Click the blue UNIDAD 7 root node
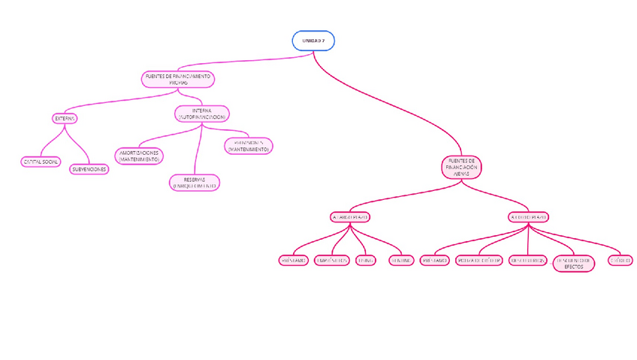[312, 41]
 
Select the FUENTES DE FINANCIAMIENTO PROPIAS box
[178, 79]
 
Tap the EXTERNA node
[65, 118]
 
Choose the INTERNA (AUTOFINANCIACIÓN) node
[201, 114]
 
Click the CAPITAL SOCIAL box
[41, 162]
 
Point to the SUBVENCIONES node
[89, 169]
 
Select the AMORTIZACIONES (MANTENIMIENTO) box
[139, 156]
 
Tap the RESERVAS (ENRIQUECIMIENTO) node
[194, 183]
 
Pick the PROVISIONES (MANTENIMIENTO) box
[248, 146]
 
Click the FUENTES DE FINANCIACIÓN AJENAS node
[461, 168]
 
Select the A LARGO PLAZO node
[350, 217]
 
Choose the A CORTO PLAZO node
[529, 217]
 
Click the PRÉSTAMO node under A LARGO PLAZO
[293, 260]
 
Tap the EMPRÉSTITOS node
[331, 260]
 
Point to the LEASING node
[366, 260]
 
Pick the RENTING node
[400, 260]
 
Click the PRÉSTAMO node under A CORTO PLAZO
[435, 260]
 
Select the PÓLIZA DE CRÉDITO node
[479, 260]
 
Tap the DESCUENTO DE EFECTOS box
[573, 263]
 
